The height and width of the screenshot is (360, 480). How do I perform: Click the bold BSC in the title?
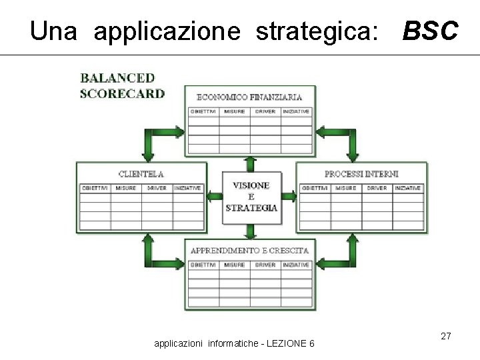tap(430, 31)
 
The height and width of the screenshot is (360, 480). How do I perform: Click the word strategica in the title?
tap(315, 31)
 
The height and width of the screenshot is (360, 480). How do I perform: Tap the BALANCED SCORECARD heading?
tap(122, 86)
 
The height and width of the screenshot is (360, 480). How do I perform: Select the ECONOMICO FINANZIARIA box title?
tap(249, 97)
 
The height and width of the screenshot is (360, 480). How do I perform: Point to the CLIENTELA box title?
tap(141, 174)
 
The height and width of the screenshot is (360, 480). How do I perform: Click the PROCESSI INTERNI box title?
tap(361, 174)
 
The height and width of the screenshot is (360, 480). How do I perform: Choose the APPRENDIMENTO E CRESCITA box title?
tap(249, 251)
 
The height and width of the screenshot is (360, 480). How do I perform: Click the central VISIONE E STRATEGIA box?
tap(251, 196)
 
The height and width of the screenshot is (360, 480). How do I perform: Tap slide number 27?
tap(446, 337)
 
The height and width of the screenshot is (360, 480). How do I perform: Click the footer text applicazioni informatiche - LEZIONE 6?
tap(235, 343)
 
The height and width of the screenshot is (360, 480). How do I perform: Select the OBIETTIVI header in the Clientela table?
tap(95, 188)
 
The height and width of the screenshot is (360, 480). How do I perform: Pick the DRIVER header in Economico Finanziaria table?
tap(265, 111)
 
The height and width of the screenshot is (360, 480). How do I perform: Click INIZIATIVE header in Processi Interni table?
tap(407, 188)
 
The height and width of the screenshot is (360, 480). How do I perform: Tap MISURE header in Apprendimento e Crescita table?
tap(234, 265)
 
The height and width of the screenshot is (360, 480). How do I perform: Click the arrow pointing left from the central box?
tap(215, 196)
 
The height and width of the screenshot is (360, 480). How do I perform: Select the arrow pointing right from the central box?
tap(289, 196)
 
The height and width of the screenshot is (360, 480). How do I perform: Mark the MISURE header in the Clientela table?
tap(126, 188)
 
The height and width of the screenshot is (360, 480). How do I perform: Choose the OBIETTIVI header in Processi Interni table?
tap(315, 188)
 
